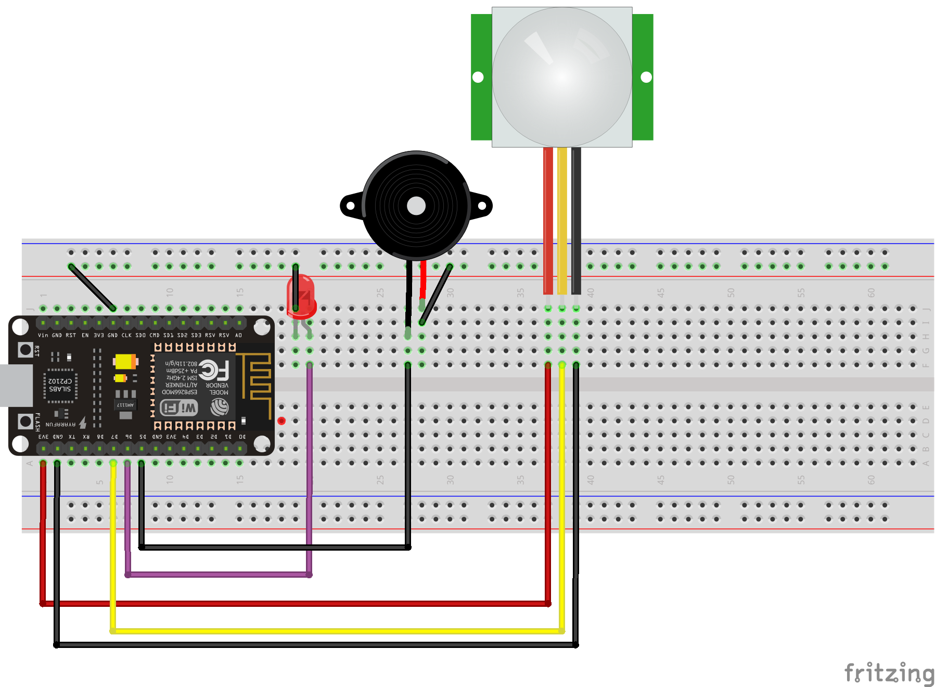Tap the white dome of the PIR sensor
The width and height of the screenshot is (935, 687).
562,77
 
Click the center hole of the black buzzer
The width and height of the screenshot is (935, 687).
416,206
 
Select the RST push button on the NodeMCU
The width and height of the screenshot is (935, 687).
25,350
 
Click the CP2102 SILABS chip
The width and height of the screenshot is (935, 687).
60,385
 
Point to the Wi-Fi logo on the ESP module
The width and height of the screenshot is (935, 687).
179,408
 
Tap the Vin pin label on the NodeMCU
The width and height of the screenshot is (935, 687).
43,335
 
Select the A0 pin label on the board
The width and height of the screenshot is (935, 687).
238,335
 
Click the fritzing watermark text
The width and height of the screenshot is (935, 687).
889,672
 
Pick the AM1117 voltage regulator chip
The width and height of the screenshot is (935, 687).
125,405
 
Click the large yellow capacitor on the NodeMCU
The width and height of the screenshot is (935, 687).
125,361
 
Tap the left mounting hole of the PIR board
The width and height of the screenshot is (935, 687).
478,77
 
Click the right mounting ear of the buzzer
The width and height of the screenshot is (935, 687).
482,206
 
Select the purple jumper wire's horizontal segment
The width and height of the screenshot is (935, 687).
219,575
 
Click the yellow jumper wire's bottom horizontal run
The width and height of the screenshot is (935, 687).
338,631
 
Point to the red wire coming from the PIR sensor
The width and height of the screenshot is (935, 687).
548,219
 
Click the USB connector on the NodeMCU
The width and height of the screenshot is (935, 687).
16,385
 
